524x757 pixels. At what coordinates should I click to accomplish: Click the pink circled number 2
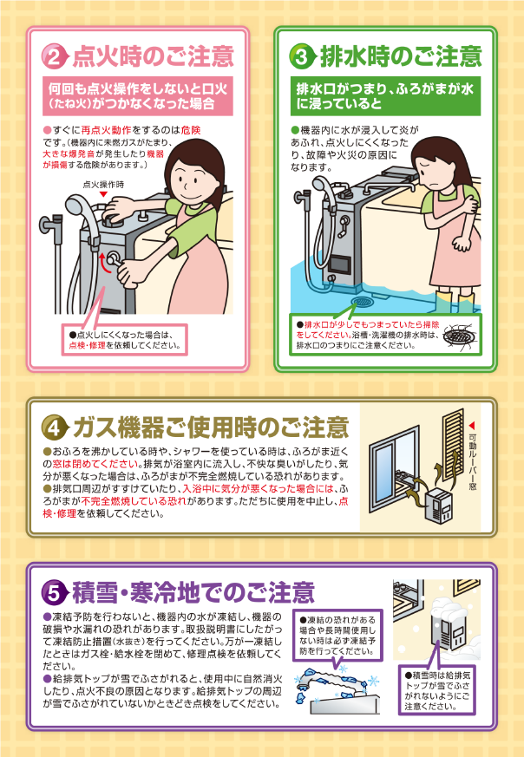click(54, 57)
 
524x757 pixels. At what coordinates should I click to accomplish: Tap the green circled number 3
click(301, 57)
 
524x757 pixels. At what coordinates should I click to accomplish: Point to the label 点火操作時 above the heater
click(103, 184)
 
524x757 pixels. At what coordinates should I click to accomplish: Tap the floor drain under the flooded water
click(361, 303)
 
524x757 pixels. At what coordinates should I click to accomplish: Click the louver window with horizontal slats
click(453, 445)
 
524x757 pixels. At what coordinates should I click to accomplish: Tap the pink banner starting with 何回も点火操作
click(138, 96)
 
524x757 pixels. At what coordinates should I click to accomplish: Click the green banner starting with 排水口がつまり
click(385, 96)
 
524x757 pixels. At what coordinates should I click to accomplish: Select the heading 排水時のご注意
click(401, 56)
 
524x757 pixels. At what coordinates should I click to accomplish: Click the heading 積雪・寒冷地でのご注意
click(193, 592)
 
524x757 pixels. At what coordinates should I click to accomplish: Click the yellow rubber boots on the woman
click(455, 301)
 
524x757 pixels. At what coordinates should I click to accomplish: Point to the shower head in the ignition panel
click(77, 206)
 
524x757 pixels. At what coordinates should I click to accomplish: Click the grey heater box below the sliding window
click(441, 505)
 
